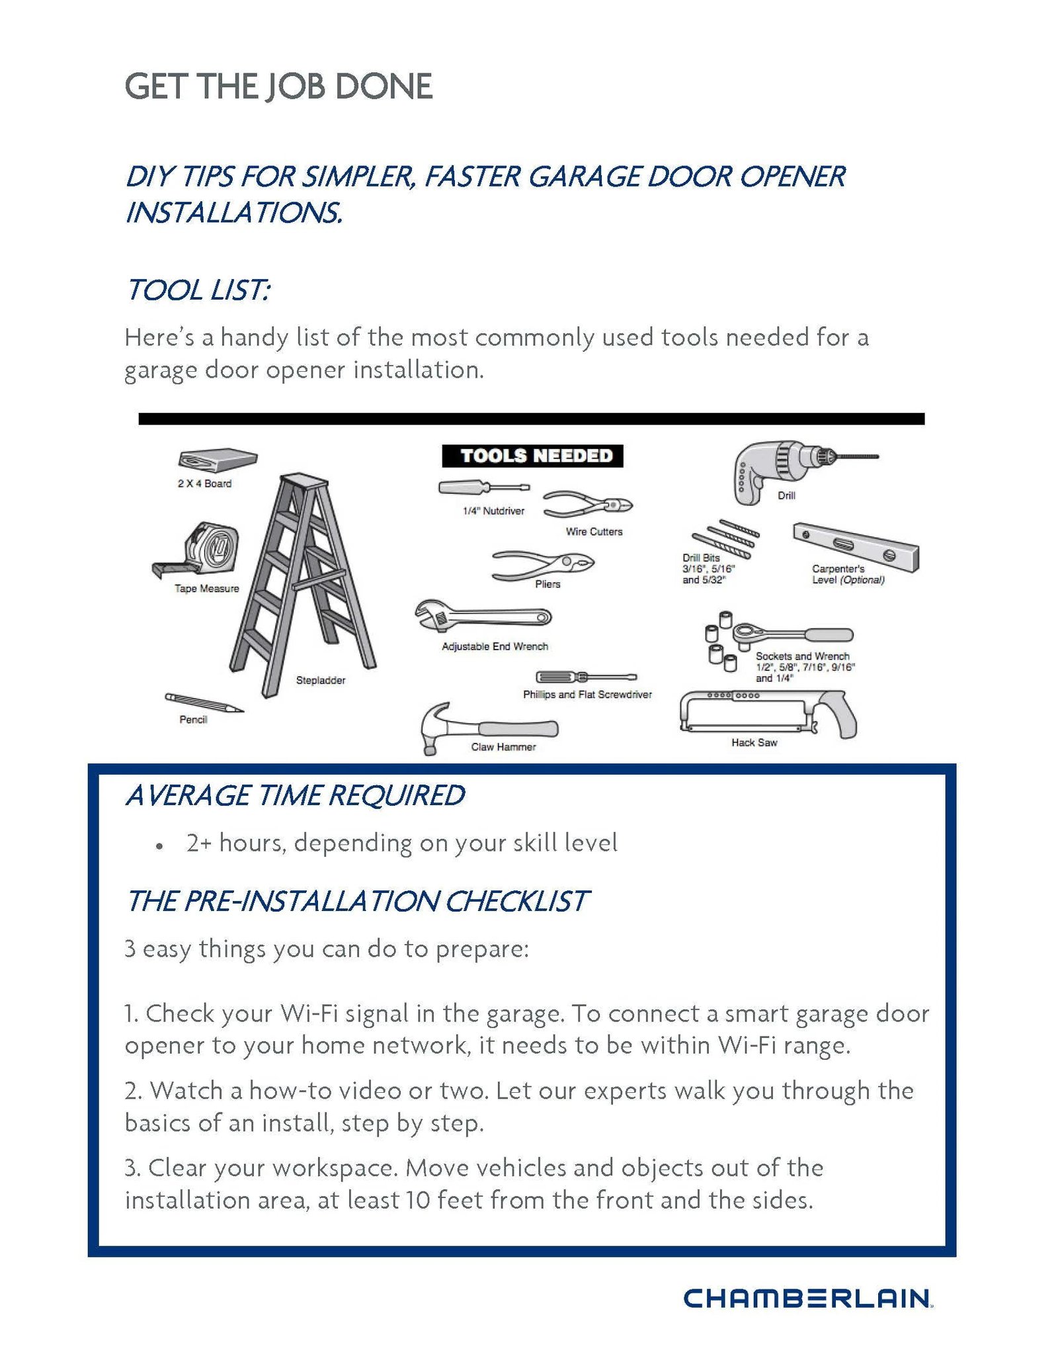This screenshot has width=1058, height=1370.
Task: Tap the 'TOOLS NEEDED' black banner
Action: pos(532,456)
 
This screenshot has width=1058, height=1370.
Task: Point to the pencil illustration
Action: pos(204,703)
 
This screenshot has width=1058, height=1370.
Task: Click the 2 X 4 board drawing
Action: pos(217,459)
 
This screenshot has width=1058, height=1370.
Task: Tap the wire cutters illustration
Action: pos(587,506)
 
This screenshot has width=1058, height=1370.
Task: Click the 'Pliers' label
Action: pos(548,584)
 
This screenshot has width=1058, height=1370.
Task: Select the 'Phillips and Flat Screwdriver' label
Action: pos(587,694)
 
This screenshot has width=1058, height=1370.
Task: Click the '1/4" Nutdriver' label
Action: pos(493,511)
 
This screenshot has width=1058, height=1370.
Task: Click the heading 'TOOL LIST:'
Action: pos(198,290)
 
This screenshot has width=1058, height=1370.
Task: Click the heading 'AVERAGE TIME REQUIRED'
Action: pos(296,795)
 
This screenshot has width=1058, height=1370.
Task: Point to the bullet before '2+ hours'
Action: pos(159,846)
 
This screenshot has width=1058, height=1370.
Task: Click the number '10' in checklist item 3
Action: pos(418,1199)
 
